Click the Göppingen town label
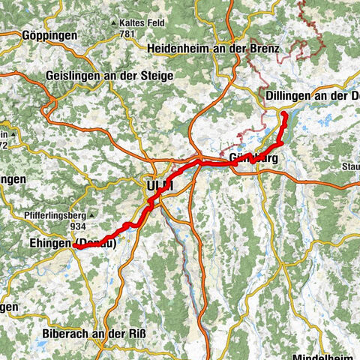[31, 35]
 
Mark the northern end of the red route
[285, 113]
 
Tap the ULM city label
[157, 185]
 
